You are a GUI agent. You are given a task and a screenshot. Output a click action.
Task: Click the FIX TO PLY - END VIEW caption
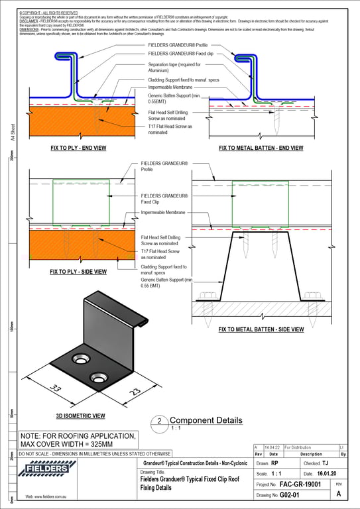click(78, 148)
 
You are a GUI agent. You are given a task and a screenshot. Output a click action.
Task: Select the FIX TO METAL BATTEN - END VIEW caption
click(261, 148)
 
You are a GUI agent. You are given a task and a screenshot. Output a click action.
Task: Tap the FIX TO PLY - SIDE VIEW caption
click(78, 272)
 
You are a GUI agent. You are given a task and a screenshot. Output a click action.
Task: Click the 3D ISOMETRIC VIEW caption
click(81, 416)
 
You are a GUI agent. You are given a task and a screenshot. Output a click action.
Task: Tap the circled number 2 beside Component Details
click(159, 422)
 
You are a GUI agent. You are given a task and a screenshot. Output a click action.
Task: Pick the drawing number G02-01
click(290, 495)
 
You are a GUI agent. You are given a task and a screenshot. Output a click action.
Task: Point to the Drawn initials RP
click(274, 464)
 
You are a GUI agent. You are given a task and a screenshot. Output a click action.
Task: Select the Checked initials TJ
click(325, 464)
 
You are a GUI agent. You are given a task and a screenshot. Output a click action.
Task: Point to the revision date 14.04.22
click(272, 448)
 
